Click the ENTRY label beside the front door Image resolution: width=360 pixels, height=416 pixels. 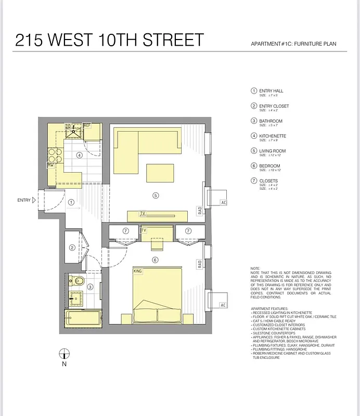click(x=24, y=200)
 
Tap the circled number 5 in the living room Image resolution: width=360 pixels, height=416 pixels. click(x=155, y=196)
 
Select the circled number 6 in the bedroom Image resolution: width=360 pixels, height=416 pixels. click(x=155, y=260)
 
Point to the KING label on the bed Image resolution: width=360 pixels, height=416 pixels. click(x=138, y=271)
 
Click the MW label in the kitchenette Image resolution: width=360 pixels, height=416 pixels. click(x=51, y=165)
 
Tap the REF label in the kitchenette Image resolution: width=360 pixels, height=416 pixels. click(x=87, y=126)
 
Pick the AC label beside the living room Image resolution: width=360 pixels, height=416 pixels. click(x=224, y=202)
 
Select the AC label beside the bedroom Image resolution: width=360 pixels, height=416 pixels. click(x=224, y=305)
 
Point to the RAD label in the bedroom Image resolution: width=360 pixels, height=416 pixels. click(x=199, y=265)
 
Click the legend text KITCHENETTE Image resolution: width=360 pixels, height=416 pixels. click(x=272, y=136)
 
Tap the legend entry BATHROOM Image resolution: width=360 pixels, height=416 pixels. click(x=271, y=121)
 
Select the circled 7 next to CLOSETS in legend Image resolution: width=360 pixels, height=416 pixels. click(x=254, y=181)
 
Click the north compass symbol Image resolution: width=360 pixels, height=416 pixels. click(x=64, y=354)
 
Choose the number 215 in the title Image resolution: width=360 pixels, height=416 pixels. click(x=29, y=40)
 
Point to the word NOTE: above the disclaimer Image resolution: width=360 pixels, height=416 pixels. click(x=255, y=269)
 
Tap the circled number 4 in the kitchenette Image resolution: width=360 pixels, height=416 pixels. click(x=80, y=155)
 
